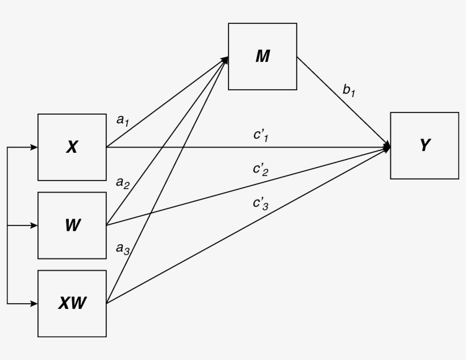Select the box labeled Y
click(424, 145)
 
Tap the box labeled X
click(72, 147)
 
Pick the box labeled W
click(72, 225)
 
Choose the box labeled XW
click(72, 303)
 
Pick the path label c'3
click(260, 204)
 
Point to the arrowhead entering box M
click(224, 58)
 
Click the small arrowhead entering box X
click(34, 147)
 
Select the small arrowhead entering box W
click(34, 225)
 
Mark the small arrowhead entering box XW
click(34, 303)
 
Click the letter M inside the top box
click(263, 56)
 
